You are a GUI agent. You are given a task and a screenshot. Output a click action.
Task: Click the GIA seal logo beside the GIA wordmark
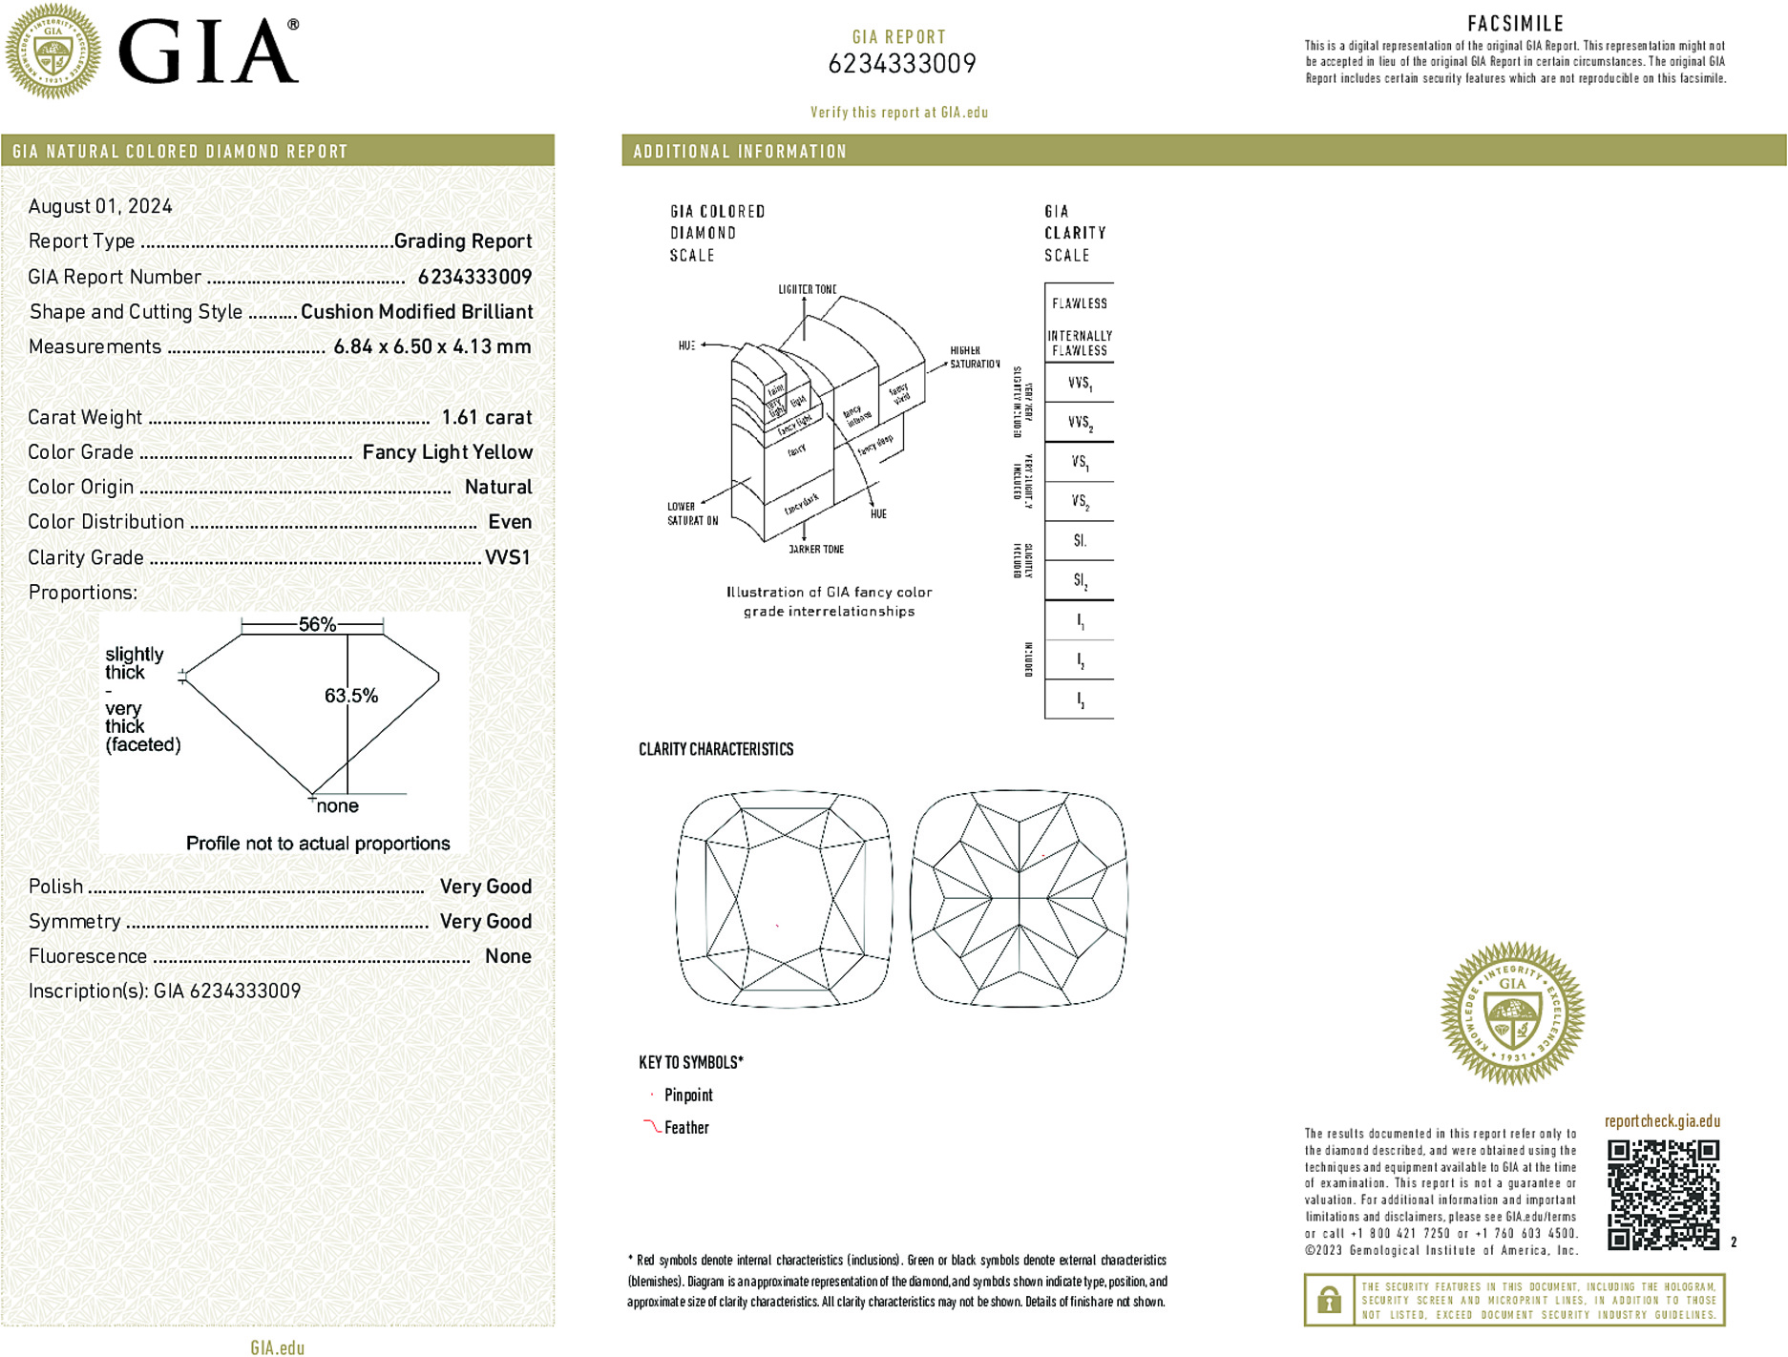click(x=53, y=51)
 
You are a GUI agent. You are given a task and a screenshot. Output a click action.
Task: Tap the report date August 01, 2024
click(x=100, y=206)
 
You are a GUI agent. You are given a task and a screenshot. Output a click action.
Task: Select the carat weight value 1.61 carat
click(x=486, y=417)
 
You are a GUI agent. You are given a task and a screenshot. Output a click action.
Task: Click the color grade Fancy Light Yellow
click(x=447, y=452)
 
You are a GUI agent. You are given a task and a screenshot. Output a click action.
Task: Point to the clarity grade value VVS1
click(x=507, y=557)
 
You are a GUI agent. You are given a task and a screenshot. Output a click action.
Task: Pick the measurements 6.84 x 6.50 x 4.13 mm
click(x=431, y=346)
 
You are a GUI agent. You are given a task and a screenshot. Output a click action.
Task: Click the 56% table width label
click(x=317, y=625)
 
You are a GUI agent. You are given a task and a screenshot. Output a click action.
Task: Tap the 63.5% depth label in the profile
click(x=350, y=696)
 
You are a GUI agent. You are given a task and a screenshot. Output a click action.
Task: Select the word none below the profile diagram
click(x=337, y=806)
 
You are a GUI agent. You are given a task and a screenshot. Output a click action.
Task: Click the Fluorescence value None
click(x=508, y=956)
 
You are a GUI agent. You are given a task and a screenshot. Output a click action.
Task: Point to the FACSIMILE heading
click(x=1515, y=24)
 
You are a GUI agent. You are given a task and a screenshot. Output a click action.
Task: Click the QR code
click(x=1662, y=1194)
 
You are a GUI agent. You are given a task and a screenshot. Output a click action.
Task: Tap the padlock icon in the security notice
click(x=1329, y=1300)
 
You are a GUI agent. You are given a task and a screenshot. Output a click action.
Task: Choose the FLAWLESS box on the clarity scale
click(x=1079, y=303)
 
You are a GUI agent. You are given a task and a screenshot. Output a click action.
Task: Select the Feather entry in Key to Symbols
click(x=686, y=1128)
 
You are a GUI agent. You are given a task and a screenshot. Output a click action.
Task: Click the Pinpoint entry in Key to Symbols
click(x=688, y=1096)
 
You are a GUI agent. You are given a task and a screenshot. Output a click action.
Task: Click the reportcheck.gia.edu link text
click(x=1662, y=1121)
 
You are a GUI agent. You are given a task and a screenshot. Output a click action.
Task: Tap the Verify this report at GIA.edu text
click(x=898, y=113)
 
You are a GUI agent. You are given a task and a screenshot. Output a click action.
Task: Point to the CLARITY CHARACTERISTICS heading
click(x=716, y=750)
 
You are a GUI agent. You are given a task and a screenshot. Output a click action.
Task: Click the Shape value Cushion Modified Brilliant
click(x=416, y=312)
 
